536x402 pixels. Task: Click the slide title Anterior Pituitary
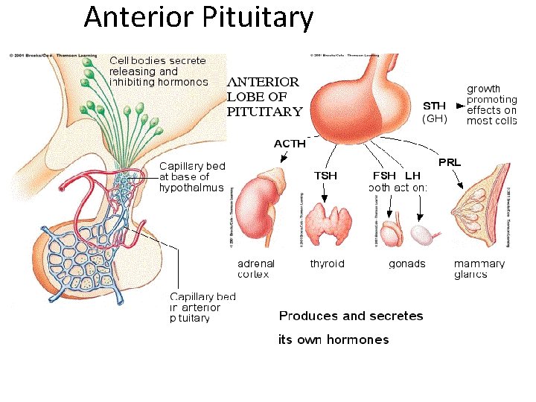[199, 18]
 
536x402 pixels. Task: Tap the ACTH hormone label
[290, 144]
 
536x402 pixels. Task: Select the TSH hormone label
[325, 176]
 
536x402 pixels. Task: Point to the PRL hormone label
[450, 162]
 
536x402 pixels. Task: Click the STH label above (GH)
[435, 105]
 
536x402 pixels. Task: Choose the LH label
[413, 176]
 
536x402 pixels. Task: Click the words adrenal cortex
[256, 269]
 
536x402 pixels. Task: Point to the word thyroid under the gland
[328, 264]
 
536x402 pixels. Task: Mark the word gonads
[407, 264]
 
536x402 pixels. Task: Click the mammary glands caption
[479, 269]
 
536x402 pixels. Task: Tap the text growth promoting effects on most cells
[491, 105]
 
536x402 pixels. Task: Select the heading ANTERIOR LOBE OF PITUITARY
[265, 97]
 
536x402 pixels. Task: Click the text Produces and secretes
[351, 316]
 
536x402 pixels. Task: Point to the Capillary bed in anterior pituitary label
[202, 307]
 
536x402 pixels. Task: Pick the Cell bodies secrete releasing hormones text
[159, 71]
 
